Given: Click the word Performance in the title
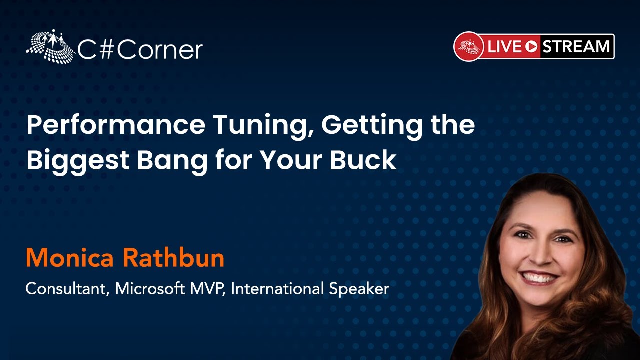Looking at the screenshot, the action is pos(116,126).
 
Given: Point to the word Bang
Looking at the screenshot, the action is pos(172,161).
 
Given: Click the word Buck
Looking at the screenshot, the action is pos(363,159).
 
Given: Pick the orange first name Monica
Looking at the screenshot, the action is pos(69,258).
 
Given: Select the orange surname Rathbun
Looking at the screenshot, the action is pos(174,257).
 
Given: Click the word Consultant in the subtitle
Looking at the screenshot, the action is pos(67,289).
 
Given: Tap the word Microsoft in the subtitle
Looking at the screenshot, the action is pos(150,288).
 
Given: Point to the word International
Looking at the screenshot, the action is pos(277,288).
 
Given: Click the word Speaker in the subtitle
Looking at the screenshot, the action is pos(359,289).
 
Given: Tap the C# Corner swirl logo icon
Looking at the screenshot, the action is pos(50,45).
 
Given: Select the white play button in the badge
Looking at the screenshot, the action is pos(531,47).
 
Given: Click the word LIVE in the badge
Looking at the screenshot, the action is pos(504,47).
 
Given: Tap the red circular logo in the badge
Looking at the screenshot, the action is pos(469,46).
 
